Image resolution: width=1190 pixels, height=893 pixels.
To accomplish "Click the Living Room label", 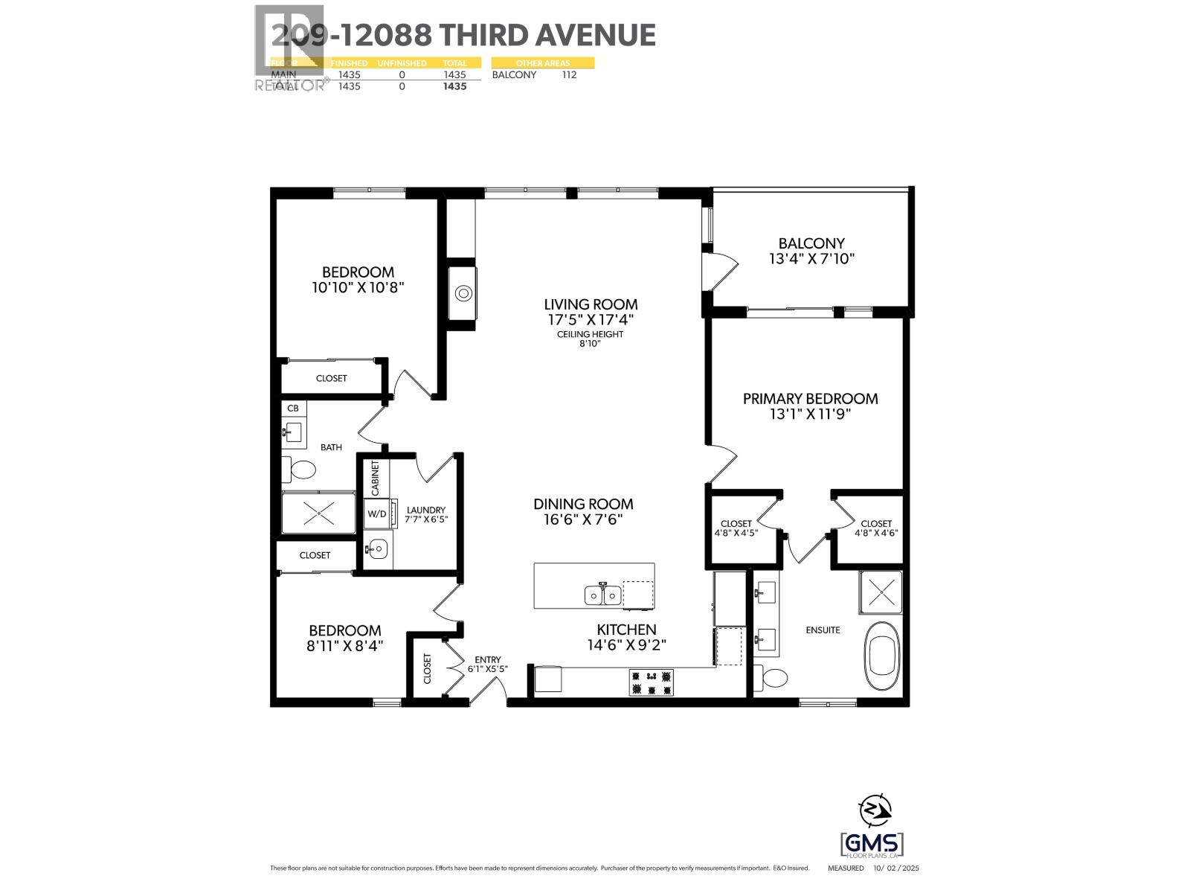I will coord(591,304).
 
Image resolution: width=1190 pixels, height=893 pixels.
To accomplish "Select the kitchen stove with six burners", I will coord(651,682).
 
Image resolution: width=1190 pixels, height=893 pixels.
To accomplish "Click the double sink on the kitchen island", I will coord(602,595).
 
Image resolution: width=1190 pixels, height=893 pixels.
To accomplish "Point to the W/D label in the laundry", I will coord(376,513).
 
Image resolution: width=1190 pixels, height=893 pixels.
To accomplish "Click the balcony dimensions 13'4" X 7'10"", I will coord(811,259).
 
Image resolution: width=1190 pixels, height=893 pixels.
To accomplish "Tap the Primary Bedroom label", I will coord(810,398).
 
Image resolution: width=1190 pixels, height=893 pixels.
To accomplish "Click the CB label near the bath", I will coord(293,408).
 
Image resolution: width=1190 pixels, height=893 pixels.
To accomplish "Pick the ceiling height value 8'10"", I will coord(589,344).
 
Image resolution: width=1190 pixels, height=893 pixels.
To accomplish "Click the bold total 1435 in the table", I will coord(454,86).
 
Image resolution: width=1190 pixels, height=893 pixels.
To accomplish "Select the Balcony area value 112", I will coord(569,74).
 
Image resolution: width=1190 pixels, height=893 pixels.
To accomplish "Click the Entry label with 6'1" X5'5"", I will coord(488,665).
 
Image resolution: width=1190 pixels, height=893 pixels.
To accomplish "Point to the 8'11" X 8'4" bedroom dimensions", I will coord(344,646).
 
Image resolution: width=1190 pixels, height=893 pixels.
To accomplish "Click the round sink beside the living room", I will coord(465,293).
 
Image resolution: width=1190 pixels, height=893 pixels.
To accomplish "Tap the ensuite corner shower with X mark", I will coord(881,592).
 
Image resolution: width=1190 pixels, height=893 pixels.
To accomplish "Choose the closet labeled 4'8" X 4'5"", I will coord(736,528).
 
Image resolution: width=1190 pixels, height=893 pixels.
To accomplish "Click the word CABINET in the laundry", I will coord(375,478).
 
